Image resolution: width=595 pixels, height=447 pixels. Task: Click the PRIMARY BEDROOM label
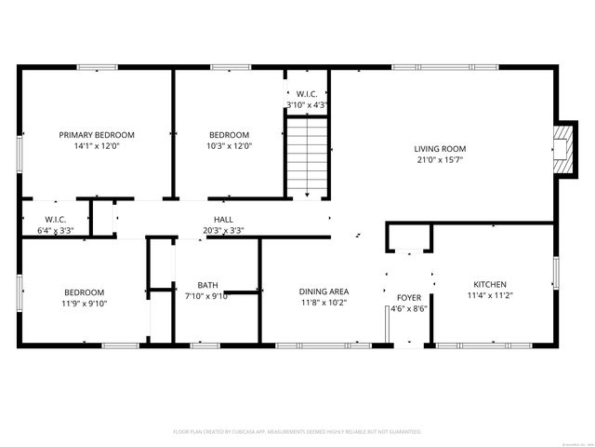click(x=97, y=134)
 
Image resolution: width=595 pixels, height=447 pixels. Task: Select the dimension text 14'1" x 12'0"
click(x=97, y=145)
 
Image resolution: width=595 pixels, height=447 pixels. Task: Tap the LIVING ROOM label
click(x=440, y=149)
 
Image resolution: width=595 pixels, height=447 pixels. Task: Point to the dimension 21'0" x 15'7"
click(x=440, y=160)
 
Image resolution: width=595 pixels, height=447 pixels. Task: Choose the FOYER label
click(x=409, y=297)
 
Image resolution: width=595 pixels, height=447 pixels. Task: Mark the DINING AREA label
click(x=324, y=291)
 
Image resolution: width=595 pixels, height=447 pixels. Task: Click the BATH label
click(x=207, y=285)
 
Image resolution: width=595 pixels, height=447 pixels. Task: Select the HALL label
click(x=223, y=219)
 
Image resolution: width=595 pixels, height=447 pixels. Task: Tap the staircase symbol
click(x=307, y=160)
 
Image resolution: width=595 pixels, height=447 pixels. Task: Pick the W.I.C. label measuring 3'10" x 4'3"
click(x=307, y=94)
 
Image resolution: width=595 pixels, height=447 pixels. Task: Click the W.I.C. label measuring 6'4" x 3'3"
click(x=53, y=219)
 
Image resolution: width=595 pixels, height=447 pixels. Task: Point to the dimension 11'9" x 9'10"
click(x=84, y=303)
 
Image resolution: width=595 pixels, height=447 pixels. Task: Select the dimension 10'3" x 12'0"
click(x=229, y=145)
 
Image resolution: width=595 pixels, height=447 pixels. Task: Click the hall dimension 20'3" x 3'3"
click(x=223, y=230)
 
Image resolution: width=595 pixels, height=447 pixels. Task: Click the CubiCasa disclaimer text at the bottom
click(x=297, y=432)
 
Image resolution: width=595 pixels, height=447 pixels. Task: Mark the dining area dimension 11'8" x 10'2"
click(x=324, y=302)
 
